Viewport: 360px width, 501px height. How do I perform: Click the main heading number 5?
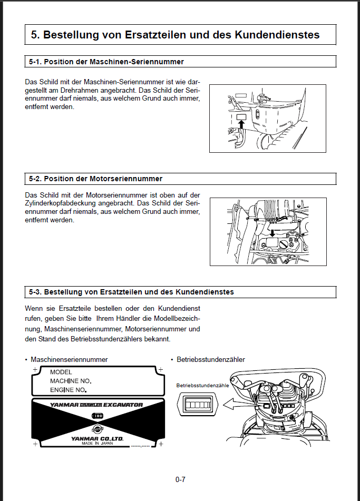click(x=34, y=35)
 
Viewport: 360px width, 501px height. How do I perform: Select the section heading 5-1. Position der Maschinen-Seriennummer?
click(x=106, y=62)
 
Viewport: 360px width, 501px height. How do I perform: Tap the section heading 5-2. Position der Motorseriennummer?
click(x=95, y=179)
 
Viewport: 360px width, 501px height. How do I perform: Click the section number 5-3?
click(x=35, y=291)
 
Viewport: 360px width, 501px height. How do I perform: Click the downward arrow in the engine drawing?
click(x=272, y=232)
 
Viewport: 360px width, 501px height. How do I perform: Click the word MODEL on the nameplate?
click(x=61, y=372)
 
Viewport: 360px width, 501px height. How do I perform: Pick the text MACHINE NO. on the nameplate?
click(x=71, y=380)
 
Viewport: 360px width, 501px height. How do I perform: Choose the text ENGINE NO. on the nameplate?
click(x=69, y=390)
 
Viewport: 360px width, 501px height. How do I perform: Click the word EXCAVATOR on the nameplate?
click(x=122, y=405)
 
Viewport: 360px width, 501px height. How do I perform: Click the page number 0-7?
click(x=180, y=479)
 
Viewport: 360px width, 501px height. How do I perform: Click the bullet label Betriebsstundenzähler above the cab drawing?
click(x=210, y=359)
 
